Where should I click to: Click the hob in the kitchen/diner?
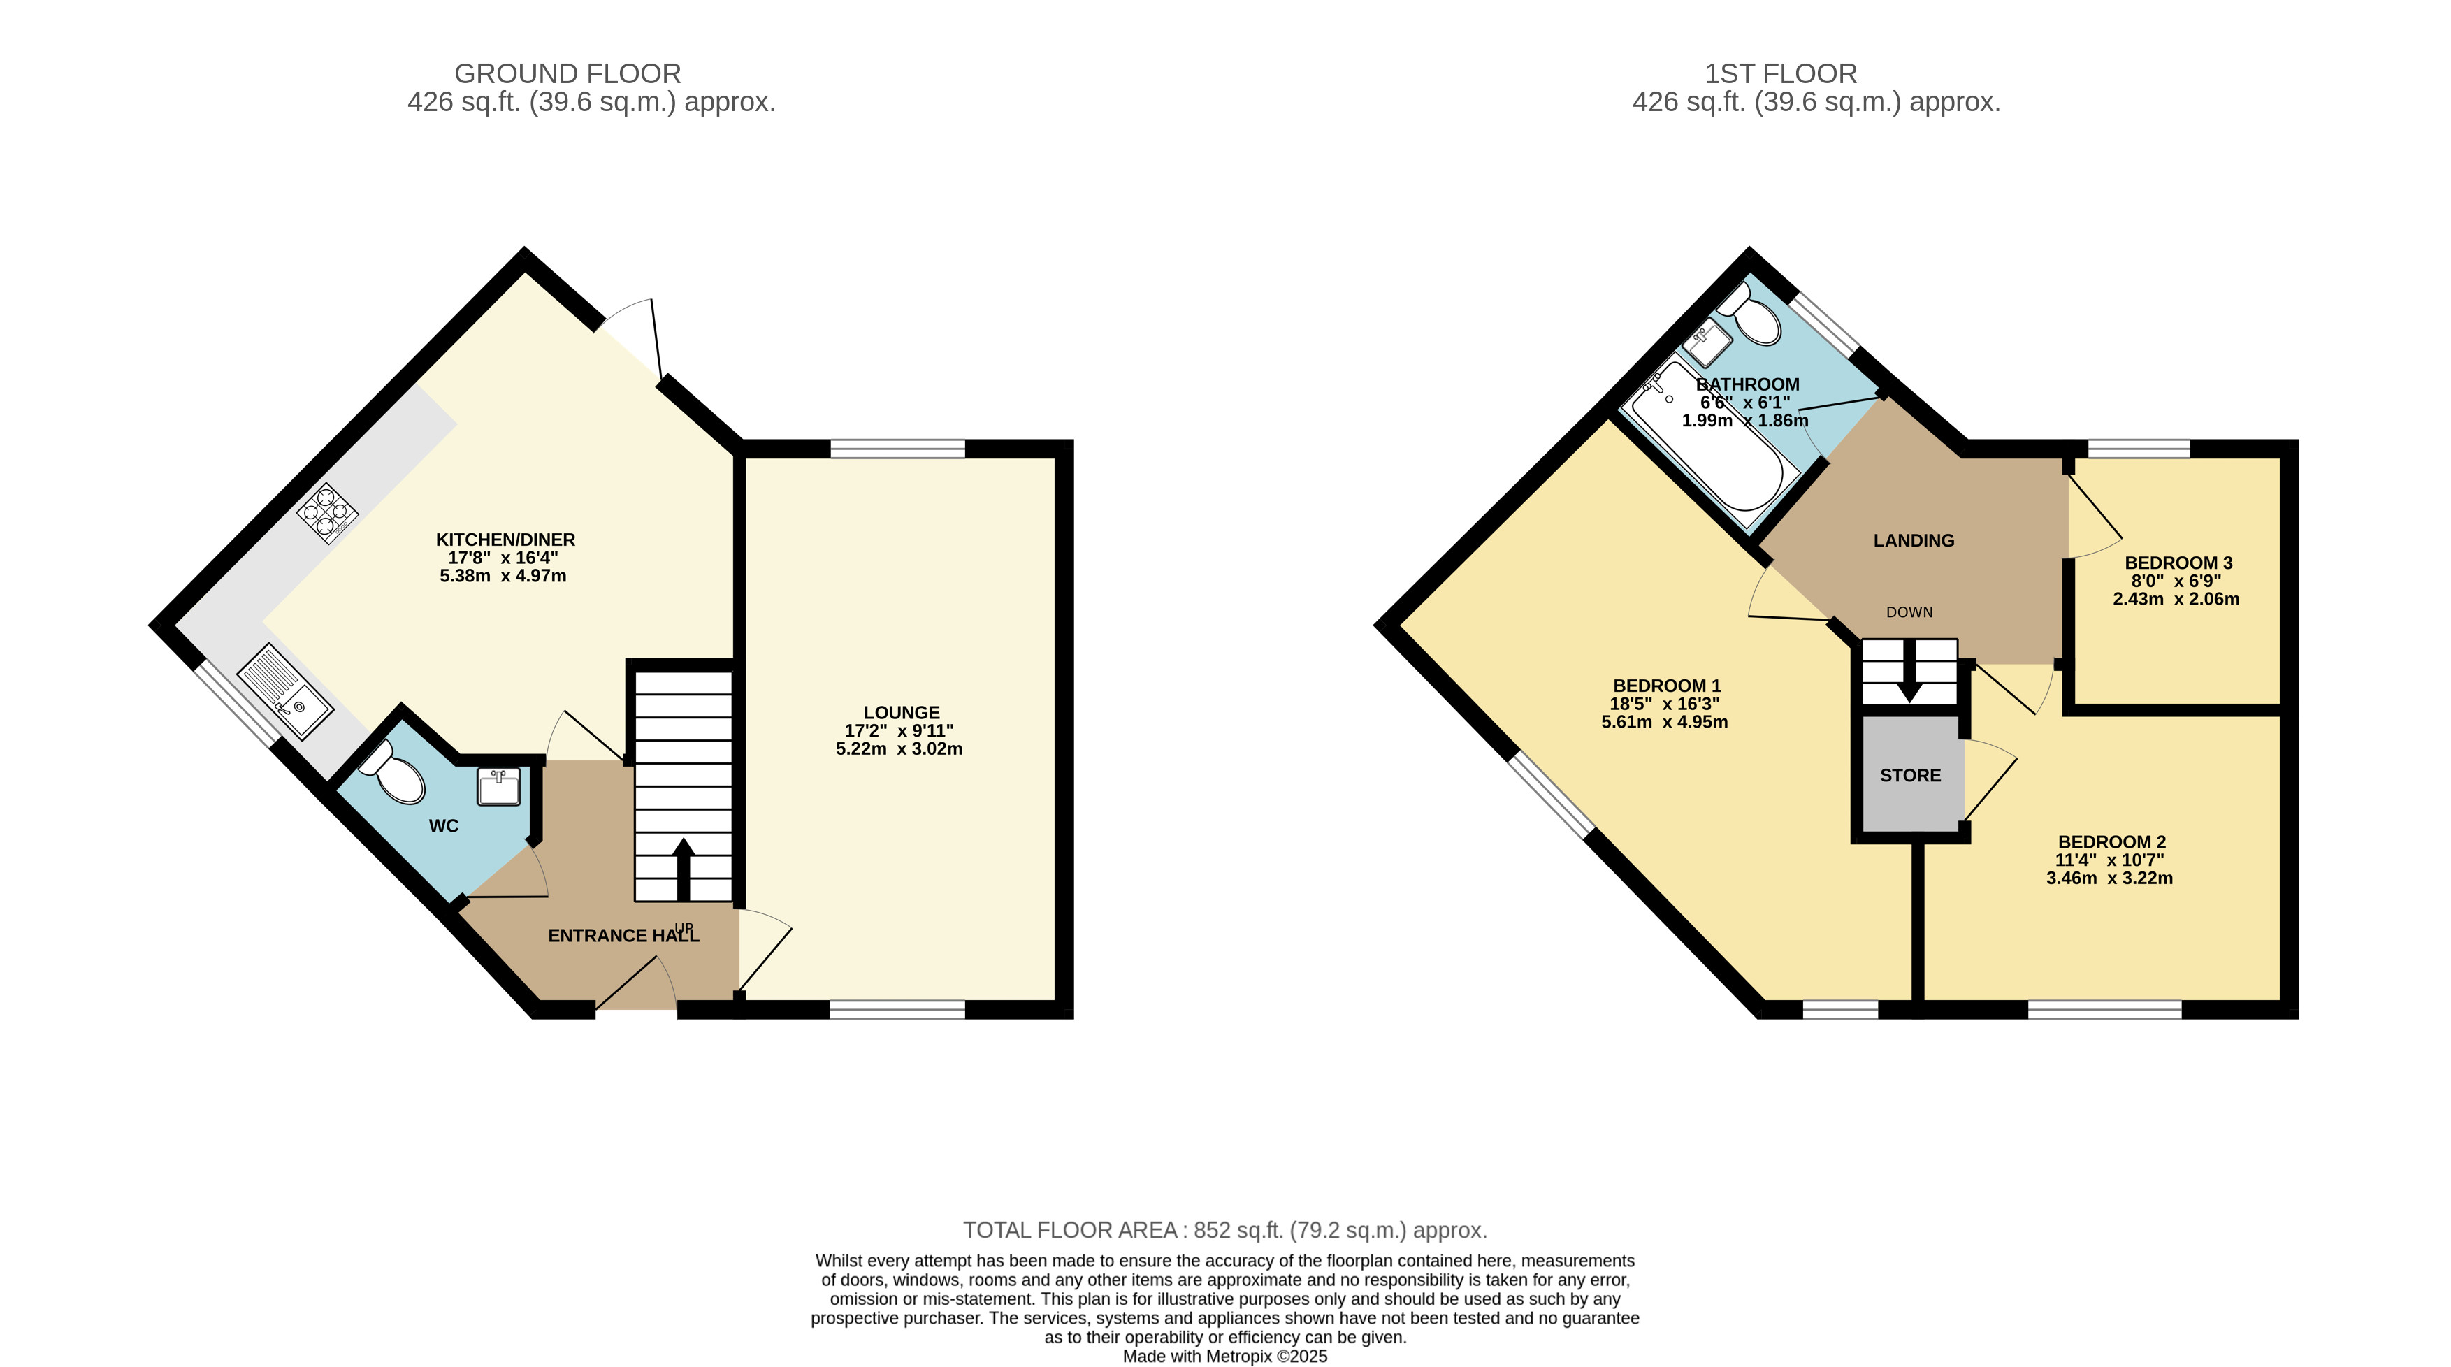pos(326,513)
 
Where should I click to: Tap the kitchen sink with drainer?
pos(284,690)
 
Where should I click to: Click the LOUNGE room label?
pos(901,713)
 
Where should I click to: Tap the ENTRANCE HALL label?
pos(623,936)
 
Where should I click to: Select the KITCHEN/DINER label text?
pos(505,540)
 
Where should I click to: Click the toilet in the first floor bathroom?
pos(1749,314)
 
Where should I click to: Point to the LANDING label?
pos(1914,540)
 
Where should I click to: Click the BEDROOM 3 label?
pos(2177,563)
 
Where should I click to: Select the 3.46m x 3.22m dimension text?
pos(2109,878)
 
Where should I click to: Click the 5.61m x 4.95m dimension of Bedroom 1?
pos(1664,722)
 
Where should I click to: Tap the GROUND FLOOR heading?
pos(568,73)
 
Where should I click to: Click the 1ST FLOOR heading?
pos(1780,73)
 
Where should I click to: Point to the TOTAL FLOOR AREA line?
pos(1224,1230)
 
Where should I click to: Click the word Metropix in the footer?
pos(1240,1357)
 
